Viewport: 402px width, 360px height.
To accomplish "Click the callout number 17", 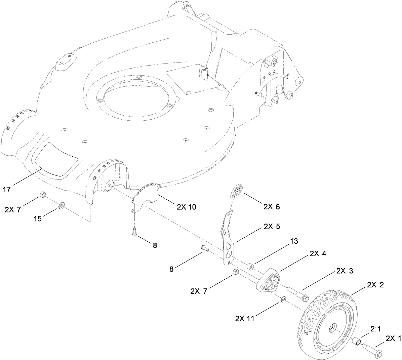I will click(x=7, y=190).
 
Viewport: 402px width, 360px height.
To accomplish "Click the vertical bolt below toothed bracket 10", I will click(x=134, y=232).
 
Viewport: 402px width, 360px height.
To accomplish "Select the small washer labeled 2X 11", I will click(x=283, y=298).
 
